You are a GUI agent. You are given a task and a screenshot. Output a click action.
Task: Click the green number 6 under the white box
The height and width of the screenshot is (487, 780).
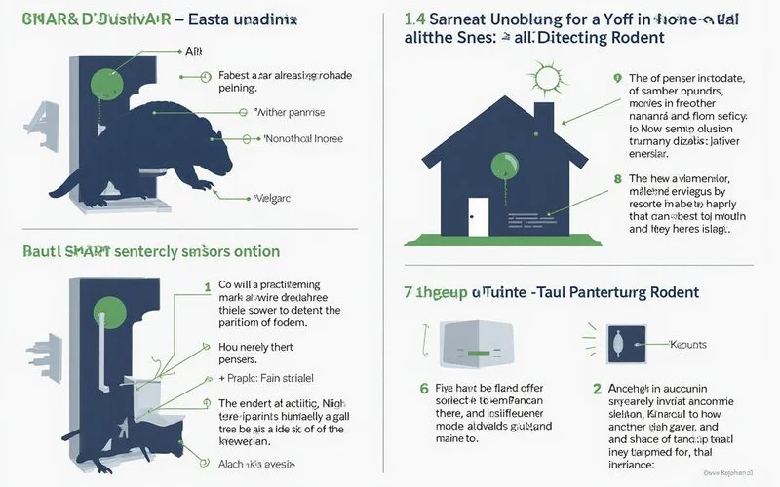pyautogui.click(x=424, y=389)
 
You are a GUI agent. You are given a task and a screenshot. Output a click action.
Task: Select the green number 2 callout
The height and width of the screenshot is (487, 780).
pyautogui.click(x=596, y=389)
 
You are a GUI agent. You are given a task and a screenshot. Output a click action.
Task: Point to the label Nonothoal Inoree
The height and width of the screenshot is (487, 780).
pyautogui.click(x=305, y=139)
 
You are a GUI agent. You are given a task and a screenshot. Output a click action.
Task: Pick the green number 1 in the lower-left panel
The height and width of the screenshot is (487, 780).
pyautogui.click(x=206, y=286)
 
